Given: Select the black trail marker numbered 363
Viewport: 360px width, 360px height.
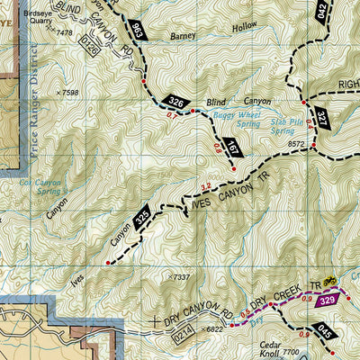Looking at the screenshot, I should coord(137,30).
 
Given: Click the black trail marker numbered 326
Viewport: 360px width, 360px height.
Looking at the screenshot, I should coord(176,103).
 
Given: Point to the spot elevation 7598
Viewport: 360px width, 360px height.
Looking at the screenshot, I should coord(69,92).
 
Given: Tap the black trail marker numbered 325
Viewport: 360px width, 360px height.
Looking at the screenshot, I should coord(140,217).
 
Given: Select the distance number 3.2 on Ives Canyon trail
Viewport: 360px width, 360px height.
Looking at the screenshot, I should coord(204,186).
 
